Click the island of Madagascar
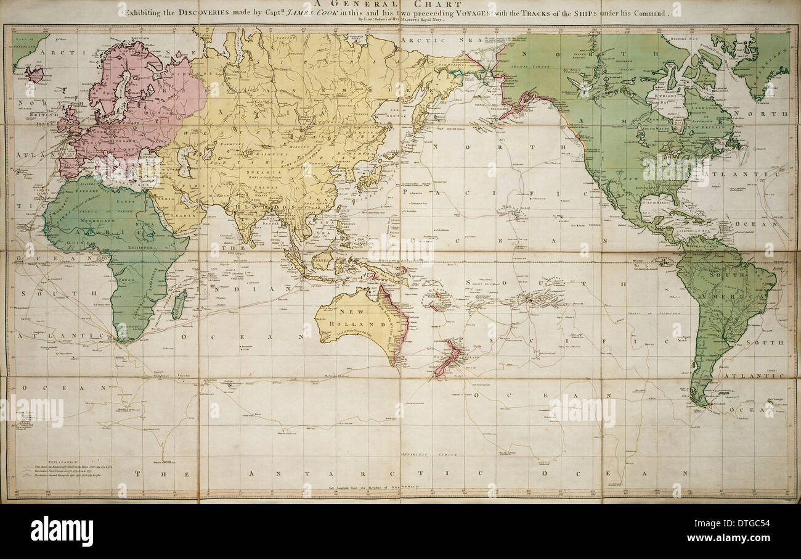pos(179,304)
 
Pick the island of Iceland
pos(35,75)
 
